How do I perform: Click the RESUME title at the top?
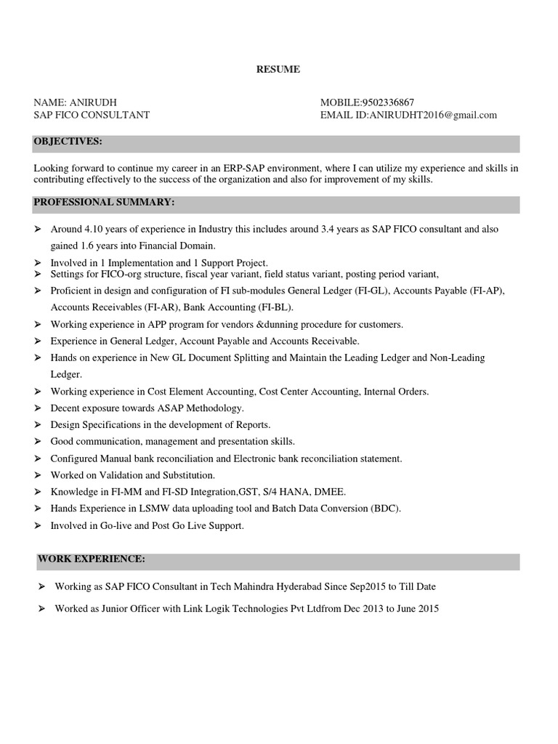(x=278, y=70)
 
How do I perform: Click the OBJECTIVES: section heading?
(x=68, y=140)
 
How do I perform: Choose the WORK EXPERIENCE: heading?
(x=92, y=559)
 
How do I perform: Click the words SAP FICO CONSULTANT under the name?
(x=92, y=115)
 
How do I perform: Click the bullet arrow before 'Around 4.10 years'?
(x=39, y=229)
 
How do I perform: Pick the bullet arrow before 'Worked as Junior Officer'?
(x=41, y=609)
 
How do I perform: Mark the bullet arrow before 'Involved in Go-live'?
(x=39, y=525)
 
